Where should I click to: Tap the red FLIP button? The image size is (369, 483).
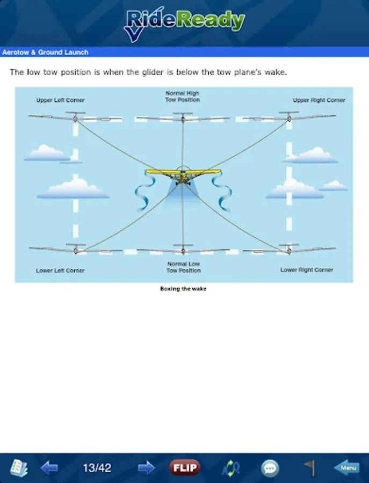click(x=184, y=467)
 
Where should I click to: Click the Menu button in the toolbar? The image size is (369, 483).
click(x=346, y=467)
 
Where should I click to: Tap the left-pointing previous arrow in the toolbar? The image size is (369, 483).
click(x=49, y=467)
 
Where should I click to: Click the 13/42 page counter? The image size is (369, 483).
click(x=97, y=467)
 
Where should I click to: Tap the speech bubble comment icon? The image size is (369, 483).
click(x=270, y=468)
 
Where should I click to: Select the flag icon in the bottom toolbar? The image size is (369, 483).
click(x=309, y=467)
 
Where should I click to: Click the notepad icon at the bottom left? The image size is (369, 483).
click(x=19, y=467)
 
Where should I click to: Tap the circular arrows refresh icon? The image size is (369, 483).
click(x=231, y=468)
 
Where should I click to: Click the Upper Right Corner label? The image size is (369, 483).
click(x=319, y=100)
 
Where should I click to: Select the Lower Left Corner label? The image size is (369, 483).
click(x=60, y=270)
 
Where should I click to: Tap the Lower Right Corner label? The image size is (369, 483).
click(x=307, y=270)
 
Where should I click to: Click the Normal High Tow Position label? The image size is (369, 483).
click(x=183, y=97)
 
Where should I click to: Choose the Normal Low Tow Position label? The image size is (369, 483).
click(x=184, y=267)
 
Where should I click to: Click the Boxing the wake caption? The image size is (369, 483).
click(x=183, y=289)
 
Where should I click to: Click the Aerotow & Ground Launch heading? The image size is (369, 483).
click(x=45, y=52)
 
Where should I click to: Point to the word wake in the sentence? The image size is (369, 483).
click(x=275, y=72)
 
